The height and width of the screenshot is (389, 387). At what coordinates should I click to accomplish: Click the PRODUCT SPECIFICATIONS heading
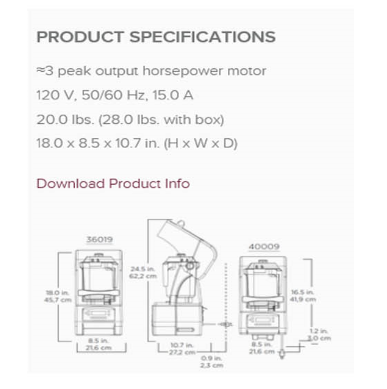[156, 37]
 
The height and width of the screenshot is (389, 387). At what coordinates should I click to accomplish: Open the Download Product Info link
[113, 184]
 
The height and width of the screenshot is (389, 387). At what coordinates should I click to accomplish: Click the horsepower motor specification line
[151, 71]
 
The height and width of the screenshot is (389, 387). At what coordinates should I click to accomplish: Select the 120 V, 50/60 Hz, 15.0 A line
[114, 95]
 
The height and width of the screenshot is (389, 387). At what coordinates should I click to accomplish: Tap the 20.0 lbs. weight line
[130, 119]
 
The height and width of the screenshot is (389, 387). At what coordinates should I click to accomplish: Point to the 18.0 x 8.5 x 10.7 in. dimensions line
[136, 144]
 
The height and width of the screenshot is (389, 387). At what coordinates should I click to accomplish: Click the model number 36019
[100, 240]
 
